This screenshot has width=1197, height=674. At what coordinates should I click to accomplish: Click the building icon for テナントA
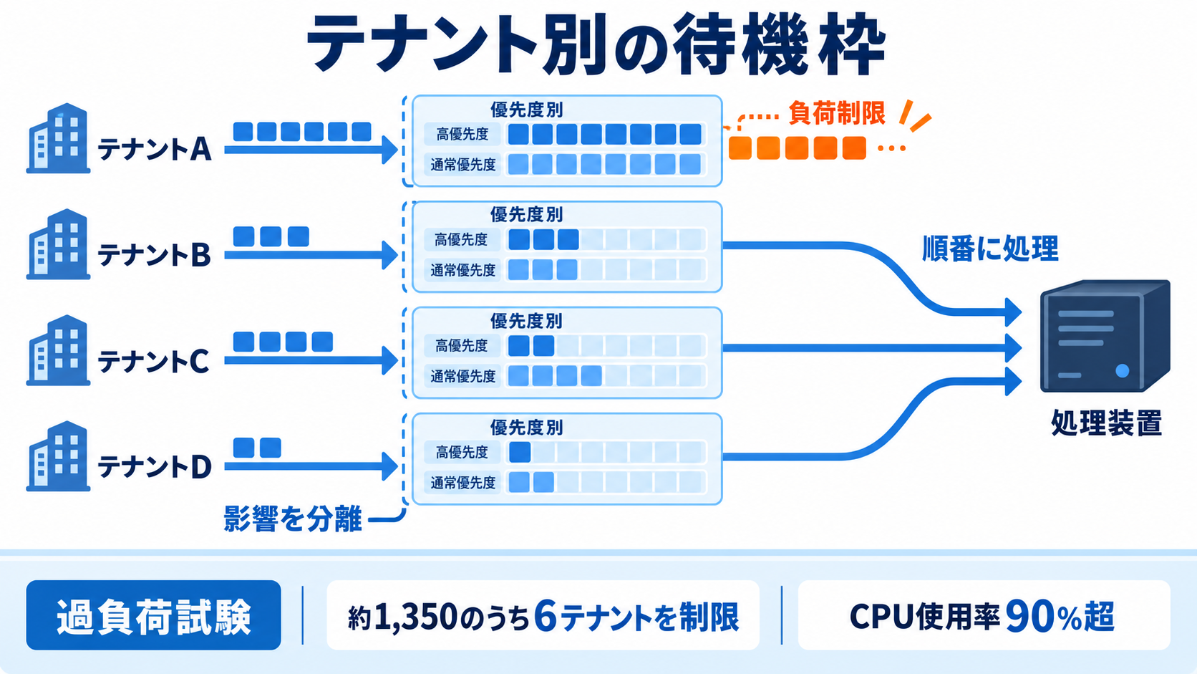[x=58, y=138]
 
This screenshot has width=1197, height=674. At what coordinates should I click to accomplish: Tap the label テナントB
[x=155, y=254]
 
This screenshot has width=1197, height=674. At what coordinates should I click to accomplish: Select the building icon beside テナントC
[x=58, y=350]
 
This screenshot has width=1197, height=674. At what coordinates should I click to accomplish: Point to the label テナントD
[x=155, y=466]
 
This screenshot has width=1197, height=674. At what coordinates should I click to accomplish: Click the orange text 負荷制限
[x=837, y=112]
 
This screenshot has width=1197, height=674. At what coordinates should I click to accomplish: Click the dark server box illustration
[x=1105, y=336]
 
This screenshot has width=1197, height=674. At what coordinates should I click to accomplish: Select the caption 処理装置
[x=1106, y=423]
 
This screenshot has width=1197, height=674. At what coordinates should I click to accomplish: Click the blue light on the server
[x=1123, y=370]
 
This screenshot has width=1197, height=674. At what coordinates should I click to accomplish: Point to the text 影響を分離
[x=292, y=519]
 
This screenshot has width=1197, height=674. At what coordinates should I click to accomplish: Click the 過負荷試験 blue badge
[x=153, y=615]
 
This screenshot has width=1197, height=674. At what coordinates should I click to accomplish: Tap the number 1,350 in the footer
[x=415, y=616]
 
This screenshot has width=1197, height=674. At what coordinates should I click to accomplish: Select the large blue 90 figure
[x=1027, y=616]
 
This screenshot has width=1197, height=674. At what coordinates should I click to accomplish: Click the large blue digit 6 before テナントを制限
[x=546, y=616]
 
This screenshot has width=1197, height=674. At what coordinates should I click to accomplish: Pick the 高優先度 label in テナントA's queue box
[x=462, y=134]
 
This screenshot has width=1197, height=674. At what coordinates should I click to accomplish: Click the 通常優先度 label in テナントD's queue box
[x=463, y=483]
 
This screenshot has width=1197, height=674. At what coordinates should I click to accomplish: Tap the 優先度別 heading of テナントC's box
[x=526, y=321]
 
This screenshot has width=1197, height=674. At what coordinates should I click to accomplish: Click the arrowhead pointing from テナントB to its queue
[x=389, y=255]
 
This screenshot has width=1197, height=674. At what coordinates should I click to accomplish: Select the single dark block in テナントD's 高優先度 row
[x=520, y=452]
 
